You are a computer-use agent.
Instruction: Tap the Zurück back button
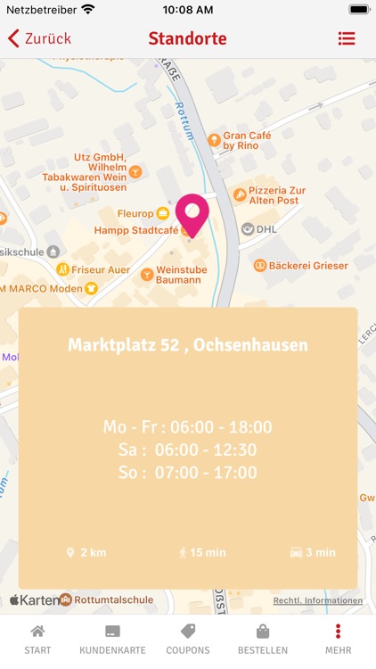point(39,38)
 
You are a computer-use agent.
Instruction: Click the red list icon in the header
point(347,38)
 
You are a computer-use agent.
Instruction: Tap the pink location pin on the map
point(192,213)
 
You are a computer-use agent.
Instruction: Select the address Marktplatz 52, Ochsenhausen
point(188,345)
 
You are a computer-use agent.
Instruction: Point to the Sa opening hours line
point(188,450)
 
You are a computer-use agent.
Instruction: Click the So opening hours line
point(188,473)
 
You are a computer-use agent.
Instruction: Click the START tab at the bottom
point(37,640)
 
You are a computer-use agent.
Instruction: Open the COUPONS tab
point(188,640)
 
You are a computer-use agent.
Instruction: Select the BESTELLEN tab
point(263,640)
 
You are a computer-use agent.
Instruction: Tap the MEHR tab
point(338,640)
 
